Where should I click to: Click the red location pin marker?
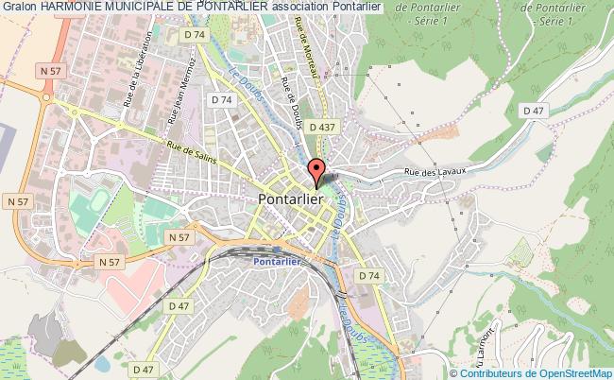tap(316, 171)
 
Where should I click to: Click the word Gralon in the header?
tap(18, 8)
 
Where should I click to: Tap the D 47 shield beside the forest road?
tap(535, 112)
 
